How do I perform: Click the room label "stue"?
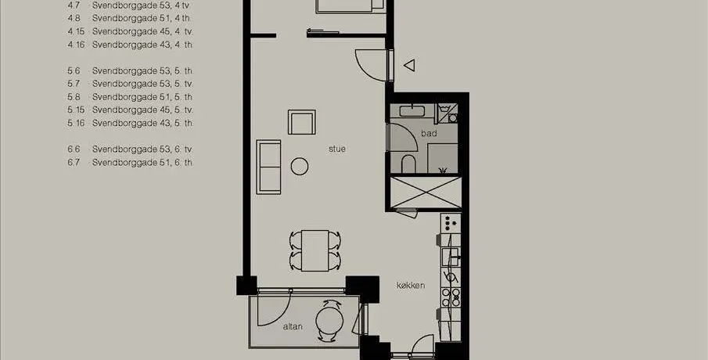tap(337, 149)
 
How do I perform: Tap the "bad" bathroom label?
tap(429, 133)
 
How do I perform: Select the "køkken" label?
tap(411, 286)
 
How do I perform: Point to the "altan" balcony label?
tap(293, 326)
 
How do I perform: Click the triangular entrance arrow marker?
tap(409, 66)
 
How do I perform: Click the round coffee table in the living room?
tap(300, 166)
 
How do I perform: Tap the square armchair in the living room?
tap(302, 122)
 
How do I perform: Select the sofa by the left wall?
tap(268, 167)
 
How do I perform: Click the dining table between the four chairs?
tap(315, 250)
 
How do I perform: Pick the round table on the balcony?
tap(329, 321)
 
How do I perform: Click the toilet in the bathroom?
tap(408, 164)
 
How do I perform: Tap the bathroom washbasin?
tap(411, 110)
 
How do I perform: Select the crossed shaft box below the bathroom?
tap(426, 193)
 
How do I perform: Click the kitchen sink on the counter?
tap(450, 257)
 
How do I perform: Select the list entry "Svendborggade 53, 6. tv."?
tap(143, 149)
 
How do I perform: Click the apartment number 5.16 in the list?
tap(76, 123)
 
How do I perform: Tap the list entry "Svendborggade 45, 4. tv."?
tap(143, 31)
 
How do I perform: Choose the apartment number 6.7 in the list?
tap(74, 162)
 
